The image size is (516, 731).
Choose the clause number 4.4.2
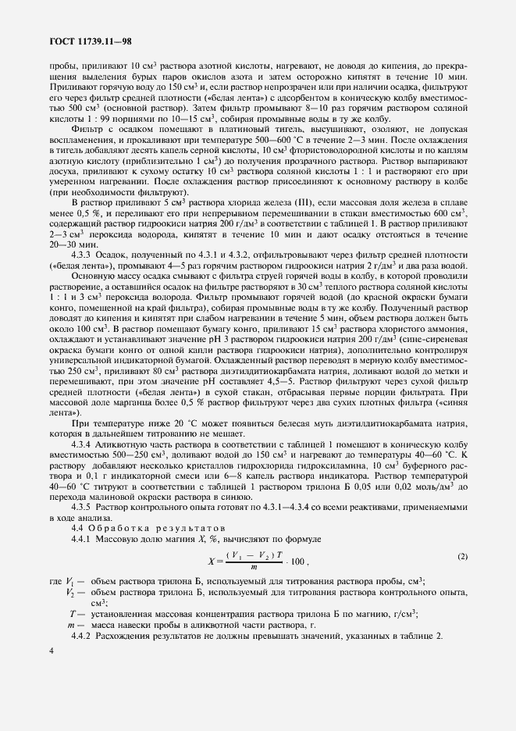coord(84,637)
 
